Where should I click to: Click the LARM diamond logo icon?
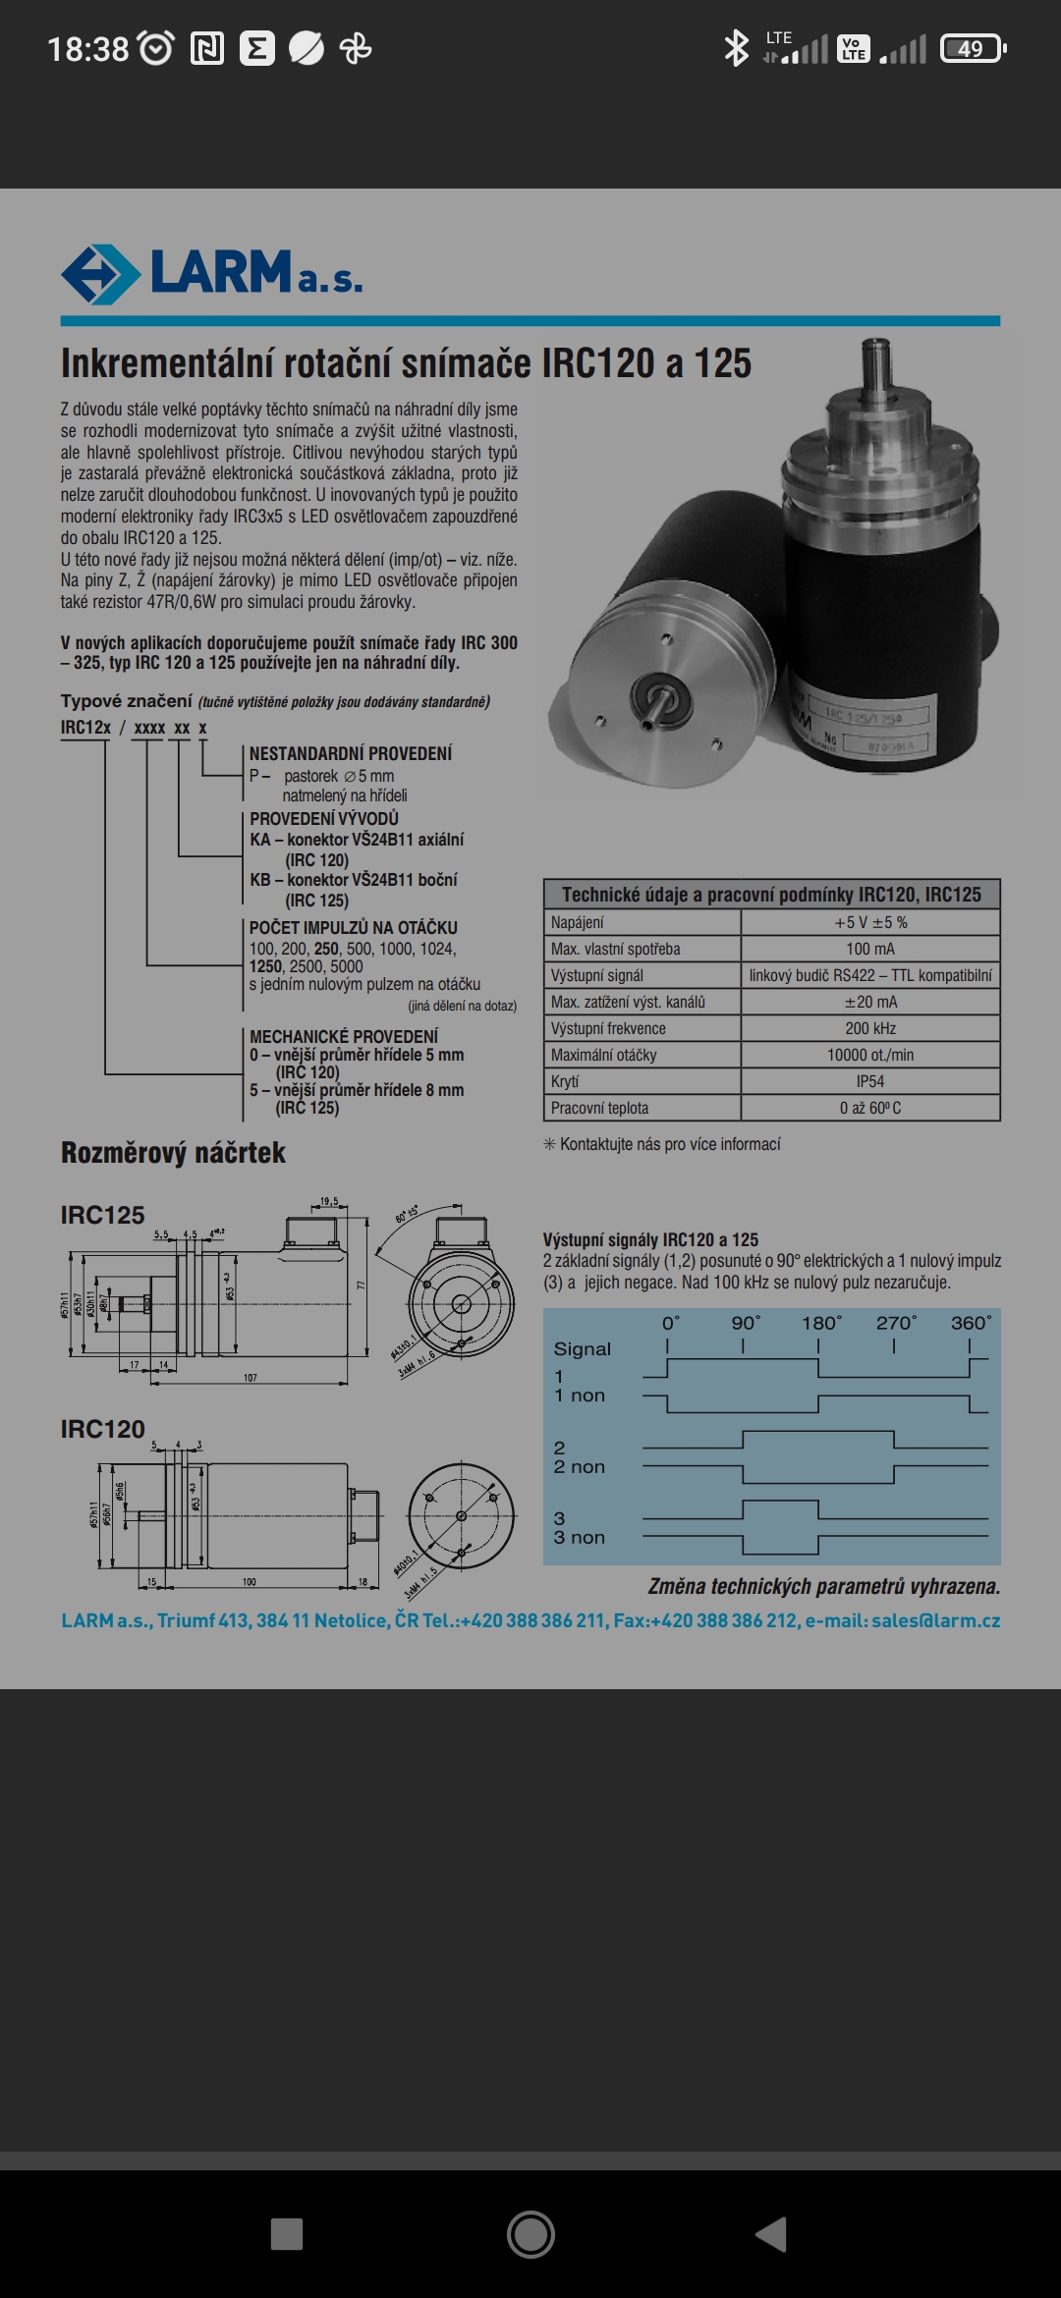click(x=99, y=274)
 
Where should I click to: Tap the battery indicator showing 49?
click(x=972, y=49)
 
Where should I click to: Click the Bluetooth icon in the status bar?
click(x=735, y=48)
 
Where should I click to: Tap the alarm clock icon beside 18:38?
click(x=156, y=48)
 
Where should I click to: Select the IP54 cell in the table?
click(x=869, y=1081)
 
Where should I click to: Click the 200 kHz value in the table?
click(x=869, y=1028)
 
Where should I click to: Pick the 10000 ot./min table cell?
click(x=869, y=1055)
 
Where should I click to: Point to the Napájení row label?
click(x=578, y=922)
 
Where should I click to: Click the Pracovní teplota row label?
click(x=600, y=1108)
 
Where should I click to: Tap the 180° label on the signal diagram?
click(x=821, y=1323)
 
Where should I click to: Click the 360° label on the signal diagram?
click(x=971, y=1323)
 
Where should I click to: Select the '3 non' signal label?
click(x=579, y=1538)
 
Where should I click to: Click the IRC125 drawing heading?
click(x=102, y=1215)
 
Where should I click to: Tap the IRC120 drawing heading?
click(x=102, y=1429)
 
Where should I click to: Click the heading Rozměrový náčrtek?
click(x=173, y=1153)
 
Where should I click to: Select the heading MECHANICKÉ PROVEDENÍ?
click(x=344, y=1036)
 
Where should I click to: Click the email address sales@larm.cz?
click(x=935, y=1620)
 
